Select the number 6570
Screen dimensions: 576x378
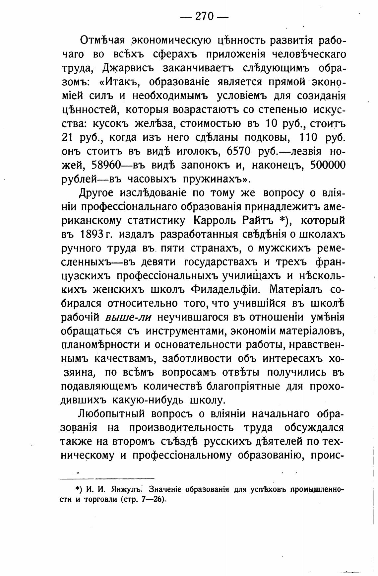click(239, 151)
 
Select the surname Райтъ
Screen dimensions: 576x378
click(256, 220)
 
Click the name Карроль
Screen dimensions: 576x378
click(214, 220)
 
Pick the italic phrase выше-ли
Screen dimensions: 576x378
click(128, 318)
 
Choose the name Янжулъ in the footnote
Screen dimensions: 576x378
click(122, 490)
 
